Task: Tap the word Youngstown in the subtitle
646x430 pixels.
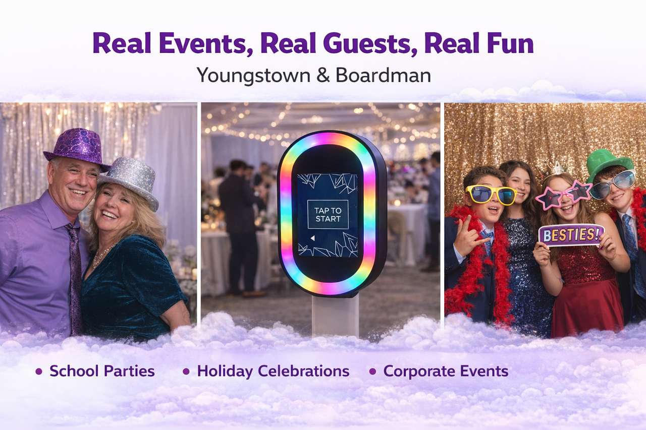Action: click(253, 76)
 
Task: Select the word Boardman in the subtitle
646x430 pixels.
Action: click(383, 75)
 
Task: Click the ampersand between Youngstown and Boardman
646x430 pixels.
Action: click(322, 76)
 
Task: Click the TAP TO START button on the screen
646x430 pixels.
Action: click(328, 215)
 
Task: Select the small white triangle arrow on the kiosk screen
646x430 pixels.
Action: click(312, 238)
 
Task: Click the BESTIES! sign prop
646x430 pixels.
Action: click(571, 235)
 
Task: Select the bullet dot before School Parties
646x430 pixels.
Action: click(39, 371)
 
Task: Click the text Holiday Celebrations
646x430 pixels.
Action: click(273, 371)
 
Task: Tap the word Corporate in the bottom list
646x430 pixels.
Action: click(419, 371)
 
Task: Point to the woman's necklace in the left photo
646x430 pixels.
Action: click(103, 255)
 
